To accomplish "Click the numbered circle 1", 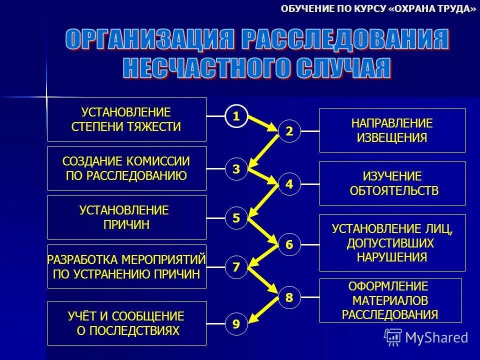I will coord(236,116).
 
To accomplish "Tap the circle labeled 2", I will coord(289,131).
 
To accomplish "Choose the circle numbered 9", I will coord(236,324).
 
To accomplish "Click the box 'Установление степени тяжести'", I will coord(126,119).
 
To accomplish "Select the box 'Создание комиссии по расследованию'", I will coord(126,168).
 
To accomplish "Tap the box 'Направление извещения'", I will coord(392,130).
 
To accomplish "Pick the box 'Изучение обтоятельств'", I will coord(392,183).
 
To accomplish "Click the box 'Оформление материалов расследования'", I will coord(390,300).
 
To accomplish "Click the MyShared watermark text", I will coord(436,337).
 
